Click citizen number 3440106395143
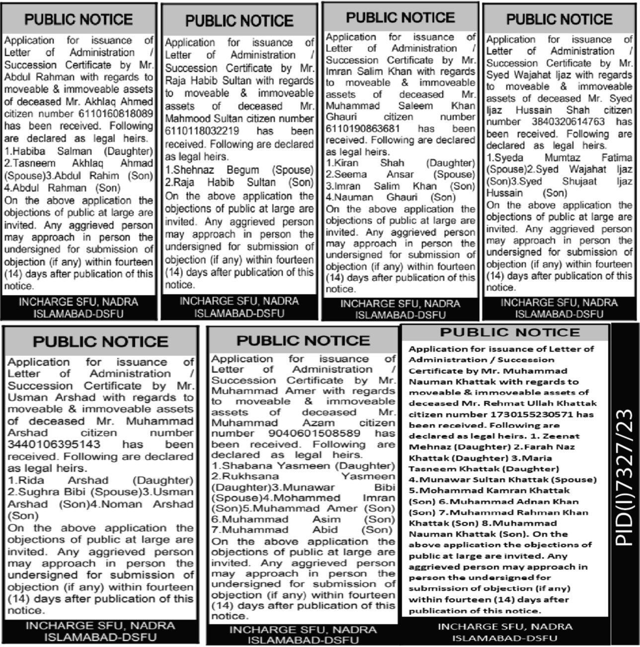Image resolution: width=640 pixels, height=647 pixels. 54,445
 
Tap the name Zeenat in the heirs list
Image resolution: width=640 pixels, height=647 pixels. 561,436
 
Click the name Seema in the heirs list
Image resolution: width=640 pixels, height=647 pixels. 348,174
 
